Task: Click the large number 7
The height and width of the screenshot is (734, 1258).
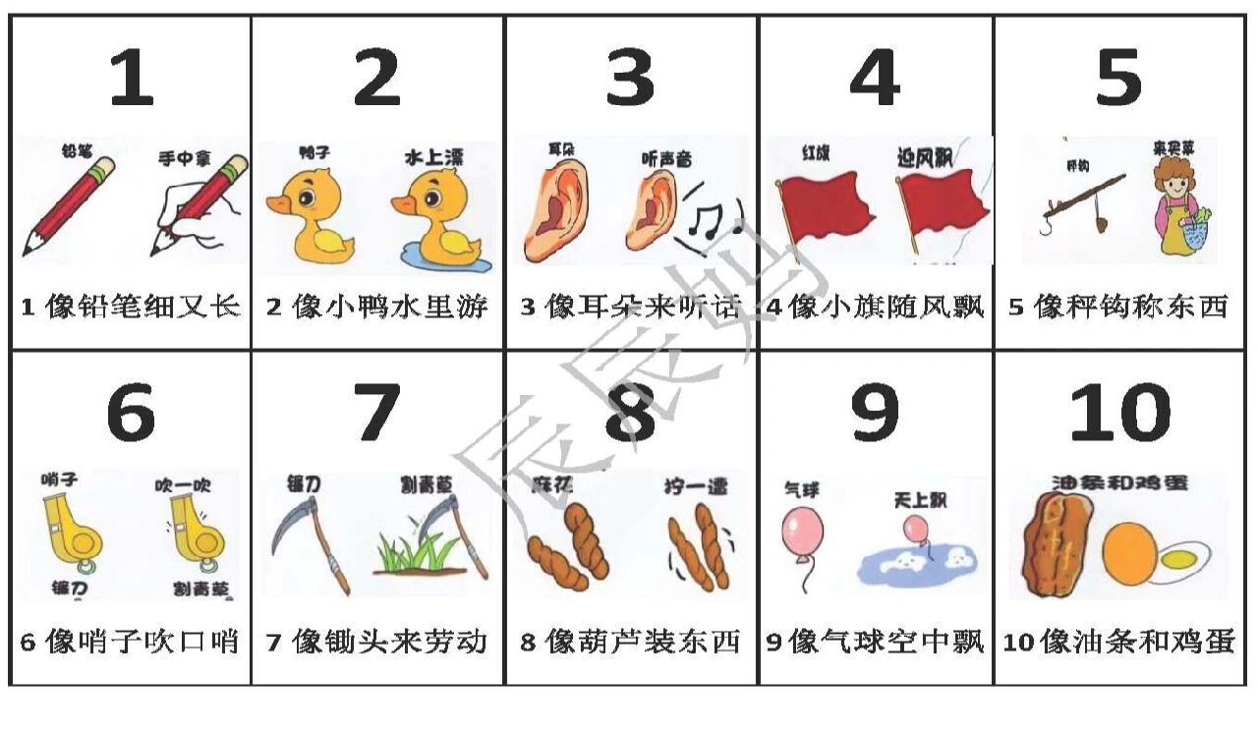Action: point(375,413)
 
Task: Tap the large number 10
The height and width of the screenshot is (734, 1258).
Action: point(1119,413)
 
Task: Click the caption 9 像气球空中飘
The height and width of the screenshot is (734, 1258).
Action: point(875,643)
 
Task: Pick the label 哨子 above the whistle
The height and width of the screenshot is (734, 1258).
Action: point(59,480)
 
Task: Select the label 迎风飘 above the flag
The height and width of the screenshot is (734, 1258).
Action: point(924,157)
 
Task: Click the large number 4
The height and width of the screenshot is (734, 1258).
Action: point(874,79)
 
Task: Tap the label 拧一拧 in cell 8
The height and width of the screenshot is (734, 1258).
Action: point(694,485)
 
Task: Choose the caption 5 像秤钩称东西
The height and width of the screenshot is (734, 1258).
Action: point(1118,308)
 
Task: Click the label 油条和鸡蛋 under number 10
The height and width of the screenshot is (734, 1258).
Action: point(1119,483)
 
